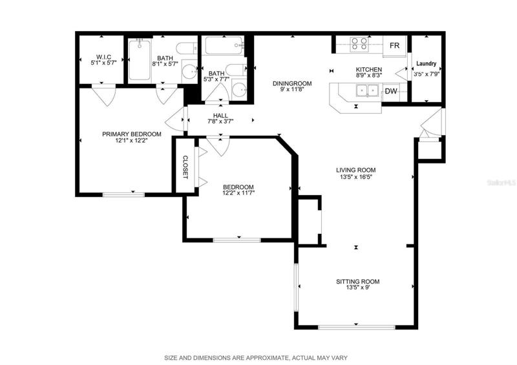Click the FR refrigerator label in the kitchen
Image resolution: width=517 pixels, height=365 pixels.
[394, 45]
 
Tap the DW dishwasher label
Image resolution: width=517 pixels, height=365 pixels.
[391, 91]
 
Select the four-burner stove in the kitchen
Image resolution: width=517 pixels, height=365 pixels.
[359, 44]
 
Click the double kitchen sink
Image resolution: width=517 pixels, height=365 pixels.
[367, 90]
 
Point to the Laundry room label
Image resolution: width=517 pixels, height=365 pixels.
[427, 63]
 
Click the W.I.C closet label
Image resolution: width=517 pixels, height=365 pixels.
[103, 57]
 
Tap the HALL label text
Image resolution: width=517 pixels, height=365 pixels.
[220, 116]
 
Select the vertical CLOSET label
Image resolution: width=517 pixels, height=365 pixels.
[185, 167]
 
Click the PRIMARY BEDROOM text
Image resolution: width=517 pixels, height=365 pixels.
[132, 134]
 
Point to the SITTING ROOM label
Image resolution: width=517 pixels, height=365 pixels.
[358, 282]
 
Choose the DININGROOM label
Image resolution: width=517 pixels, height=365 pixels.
[292, 83]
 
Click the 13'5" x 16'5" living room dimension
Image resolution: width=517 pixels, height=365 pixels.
[356, 177]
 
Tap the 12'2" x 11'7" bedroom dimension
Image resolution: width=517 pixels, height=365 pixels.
[238, 193]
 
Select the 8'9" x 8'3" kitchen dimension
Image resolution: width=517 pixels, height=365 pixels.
[368, 75]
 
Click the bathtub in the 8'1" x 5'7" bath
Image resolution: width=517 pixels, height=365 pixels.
[140, 59]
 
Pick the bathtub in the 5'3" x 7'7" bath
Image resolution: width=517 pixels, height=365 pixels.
[224, 45]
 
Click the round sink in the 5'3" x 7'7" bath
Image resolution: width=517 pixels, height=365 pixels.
[239, 89]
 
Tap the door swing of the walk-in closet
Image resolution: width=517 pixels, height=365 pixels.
[104, 95]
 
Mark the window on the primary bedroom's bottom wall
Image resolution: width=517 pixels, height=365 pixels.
[123, 194]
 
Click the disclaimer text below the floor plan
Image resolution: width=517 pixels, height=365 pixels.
[256, 358]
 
